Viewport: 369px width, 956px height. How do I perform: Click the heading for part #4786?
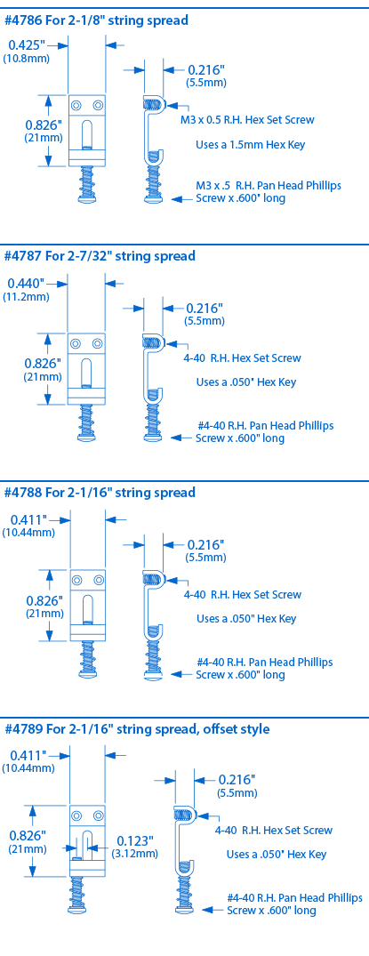click(96, 20)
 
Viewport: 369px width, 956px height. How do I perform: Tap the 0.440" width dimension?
click(26, 283)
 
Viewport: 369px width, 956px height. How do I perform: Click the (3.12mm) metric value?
click(135, 854)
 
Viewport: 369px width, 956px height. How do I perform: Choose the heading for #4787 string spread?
click(100, 256)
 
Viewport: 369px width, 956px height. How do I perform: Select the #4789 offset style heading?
click(137, 728)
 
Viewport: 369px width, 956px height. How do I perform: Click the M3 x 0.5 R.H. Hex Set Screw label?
click(247, 119)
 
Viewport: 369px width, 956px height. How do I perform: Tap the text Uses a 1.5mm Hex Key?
click(250, 145)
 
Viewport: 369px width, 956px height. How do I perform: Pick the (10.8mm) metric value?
click(26, 59)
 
